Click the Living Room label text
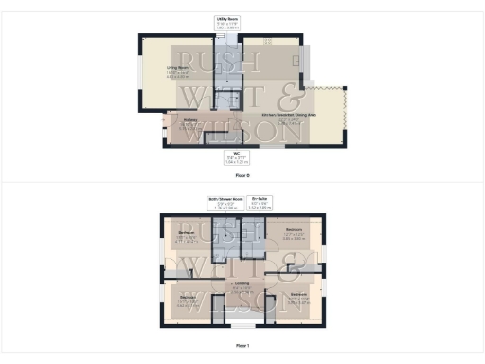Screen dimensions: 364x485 click(x=178, y=70)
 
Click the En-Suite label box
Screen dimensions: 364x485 click(x=260, y=203)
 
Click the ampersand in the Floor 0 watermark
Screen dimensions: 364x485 click(x=292, y=100)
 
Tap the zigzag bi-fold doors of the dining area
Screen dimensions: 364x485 click(x=346, y=115)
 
